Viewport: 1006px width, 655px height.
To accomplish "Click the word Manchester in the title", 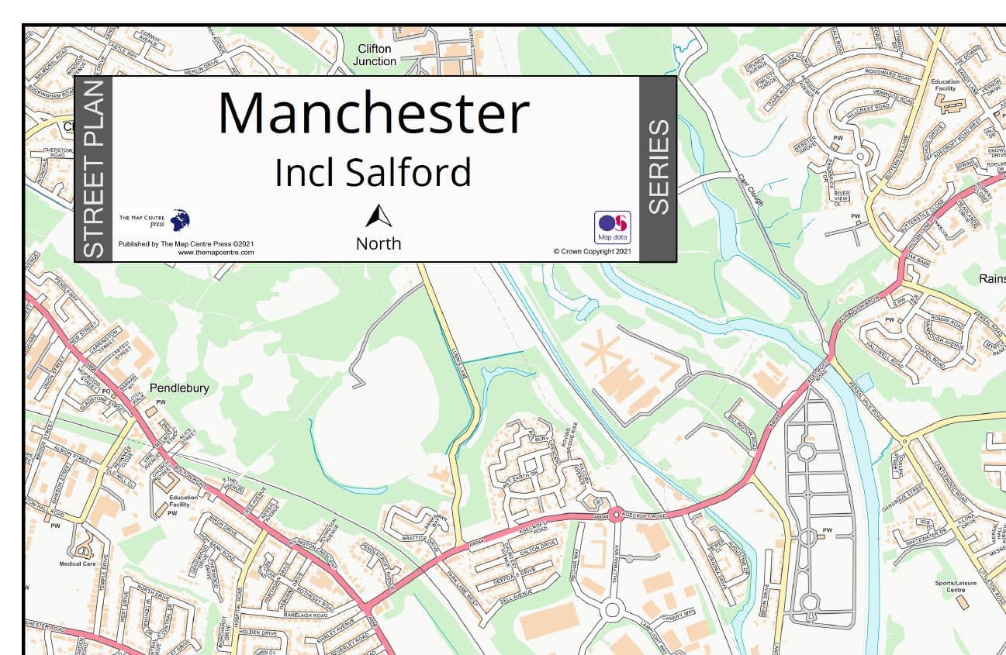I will pyautogui.click(x=373, y=113).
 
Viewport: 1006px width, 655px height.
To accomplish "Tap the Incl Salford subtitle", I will pyautogui.click(x=372, y=172).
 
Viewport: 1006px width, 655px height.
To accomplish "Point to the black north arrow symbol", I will pyautogui.click(x=379, y=216).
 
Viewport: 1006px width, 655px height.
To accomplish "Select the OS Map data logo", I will pyautogui.click(x=612, y=227).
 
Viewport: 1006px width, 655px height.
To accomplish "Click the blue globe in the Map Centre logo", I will pyautogui.click(x=180, y=219).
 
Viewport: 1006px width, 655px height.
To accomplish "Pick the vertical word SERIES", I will pyautogui.click(x=658, y=167).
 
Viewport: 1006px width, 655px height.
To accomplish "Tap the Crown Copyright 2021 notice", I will pyautogui.click(x=592, y=251).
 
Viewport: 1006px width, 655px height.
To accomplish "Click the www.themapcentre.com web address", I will pyautogui.click(x=216, y=253).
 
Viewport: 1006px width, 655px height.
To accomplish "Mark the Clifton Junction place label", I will pyautogui.click(x=375, y=55).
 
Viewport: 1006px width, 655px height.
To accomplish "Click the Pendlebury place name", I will pyautogui.click(x=179, y=388).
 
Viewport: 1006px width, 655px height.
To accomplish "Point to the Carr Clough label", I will pyautogui.click(x=751, y=190).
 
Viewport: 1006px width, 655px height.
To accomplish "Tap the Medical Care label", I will pyautogui.click(x=77, y=564).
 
